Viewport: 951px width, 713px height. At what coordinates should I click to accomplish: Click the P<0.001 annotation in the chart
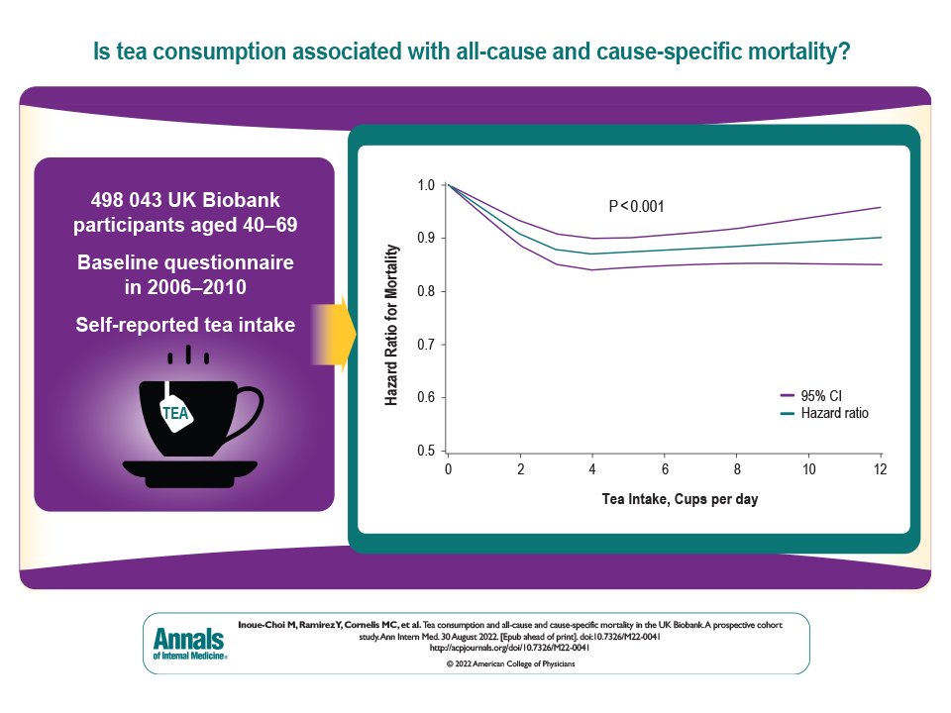635,207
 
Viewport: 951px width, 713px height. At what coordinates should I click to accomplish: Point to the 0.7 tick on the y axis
425,344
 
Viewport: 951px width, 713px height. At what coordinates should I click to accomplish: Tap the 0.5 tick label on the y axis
425,451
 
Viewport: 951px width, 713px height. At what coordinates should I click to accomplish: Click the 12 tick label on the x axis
880,467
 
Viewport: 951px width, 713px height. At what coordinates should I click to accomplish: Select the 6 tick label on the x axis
664,467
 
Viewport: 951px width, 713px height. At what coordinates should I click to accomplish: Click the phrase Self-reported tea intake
185,322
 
